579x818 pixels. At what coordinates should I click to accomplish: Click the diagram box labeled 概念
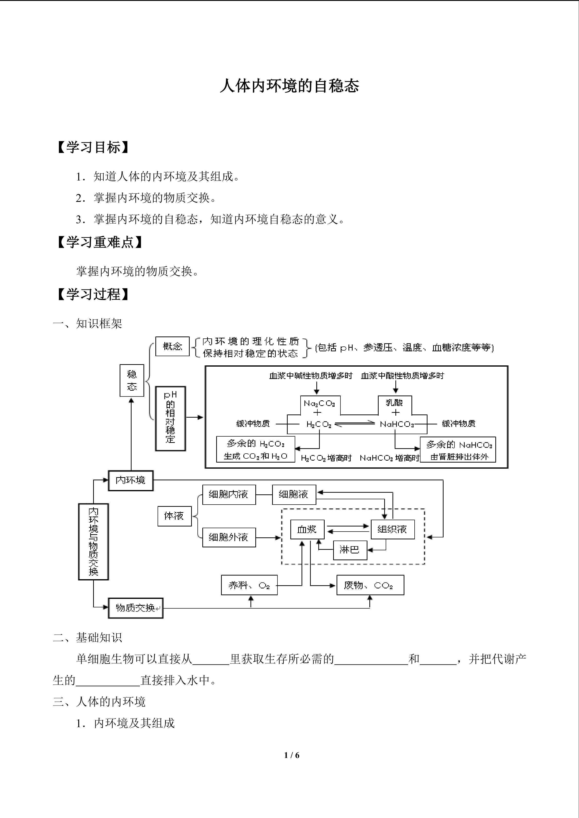[173, 346]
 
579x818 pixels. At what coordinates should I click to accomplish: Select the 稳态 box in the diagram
[132, 380]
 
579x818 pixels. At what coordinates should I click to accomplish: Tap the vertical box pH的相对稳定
[170, 418]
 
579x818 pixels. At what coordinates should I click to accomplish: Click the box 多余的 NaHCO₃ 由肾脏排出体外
[458, 450]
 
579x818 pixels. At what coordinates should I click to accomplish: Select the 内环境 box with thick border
[131, 481]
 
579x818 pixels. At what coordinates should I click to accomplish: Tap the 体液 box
[174, 516]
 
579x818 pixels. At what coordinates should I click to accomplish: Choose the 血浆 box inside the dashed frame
[307, 529]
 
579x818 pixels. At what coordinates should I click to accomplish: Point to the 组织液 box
[392, 529]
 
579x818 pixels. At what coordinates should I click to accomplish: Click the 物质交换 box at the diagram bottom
[135, 608]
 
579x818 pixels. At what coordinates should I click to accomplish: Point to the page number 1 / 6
[292, 755]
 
